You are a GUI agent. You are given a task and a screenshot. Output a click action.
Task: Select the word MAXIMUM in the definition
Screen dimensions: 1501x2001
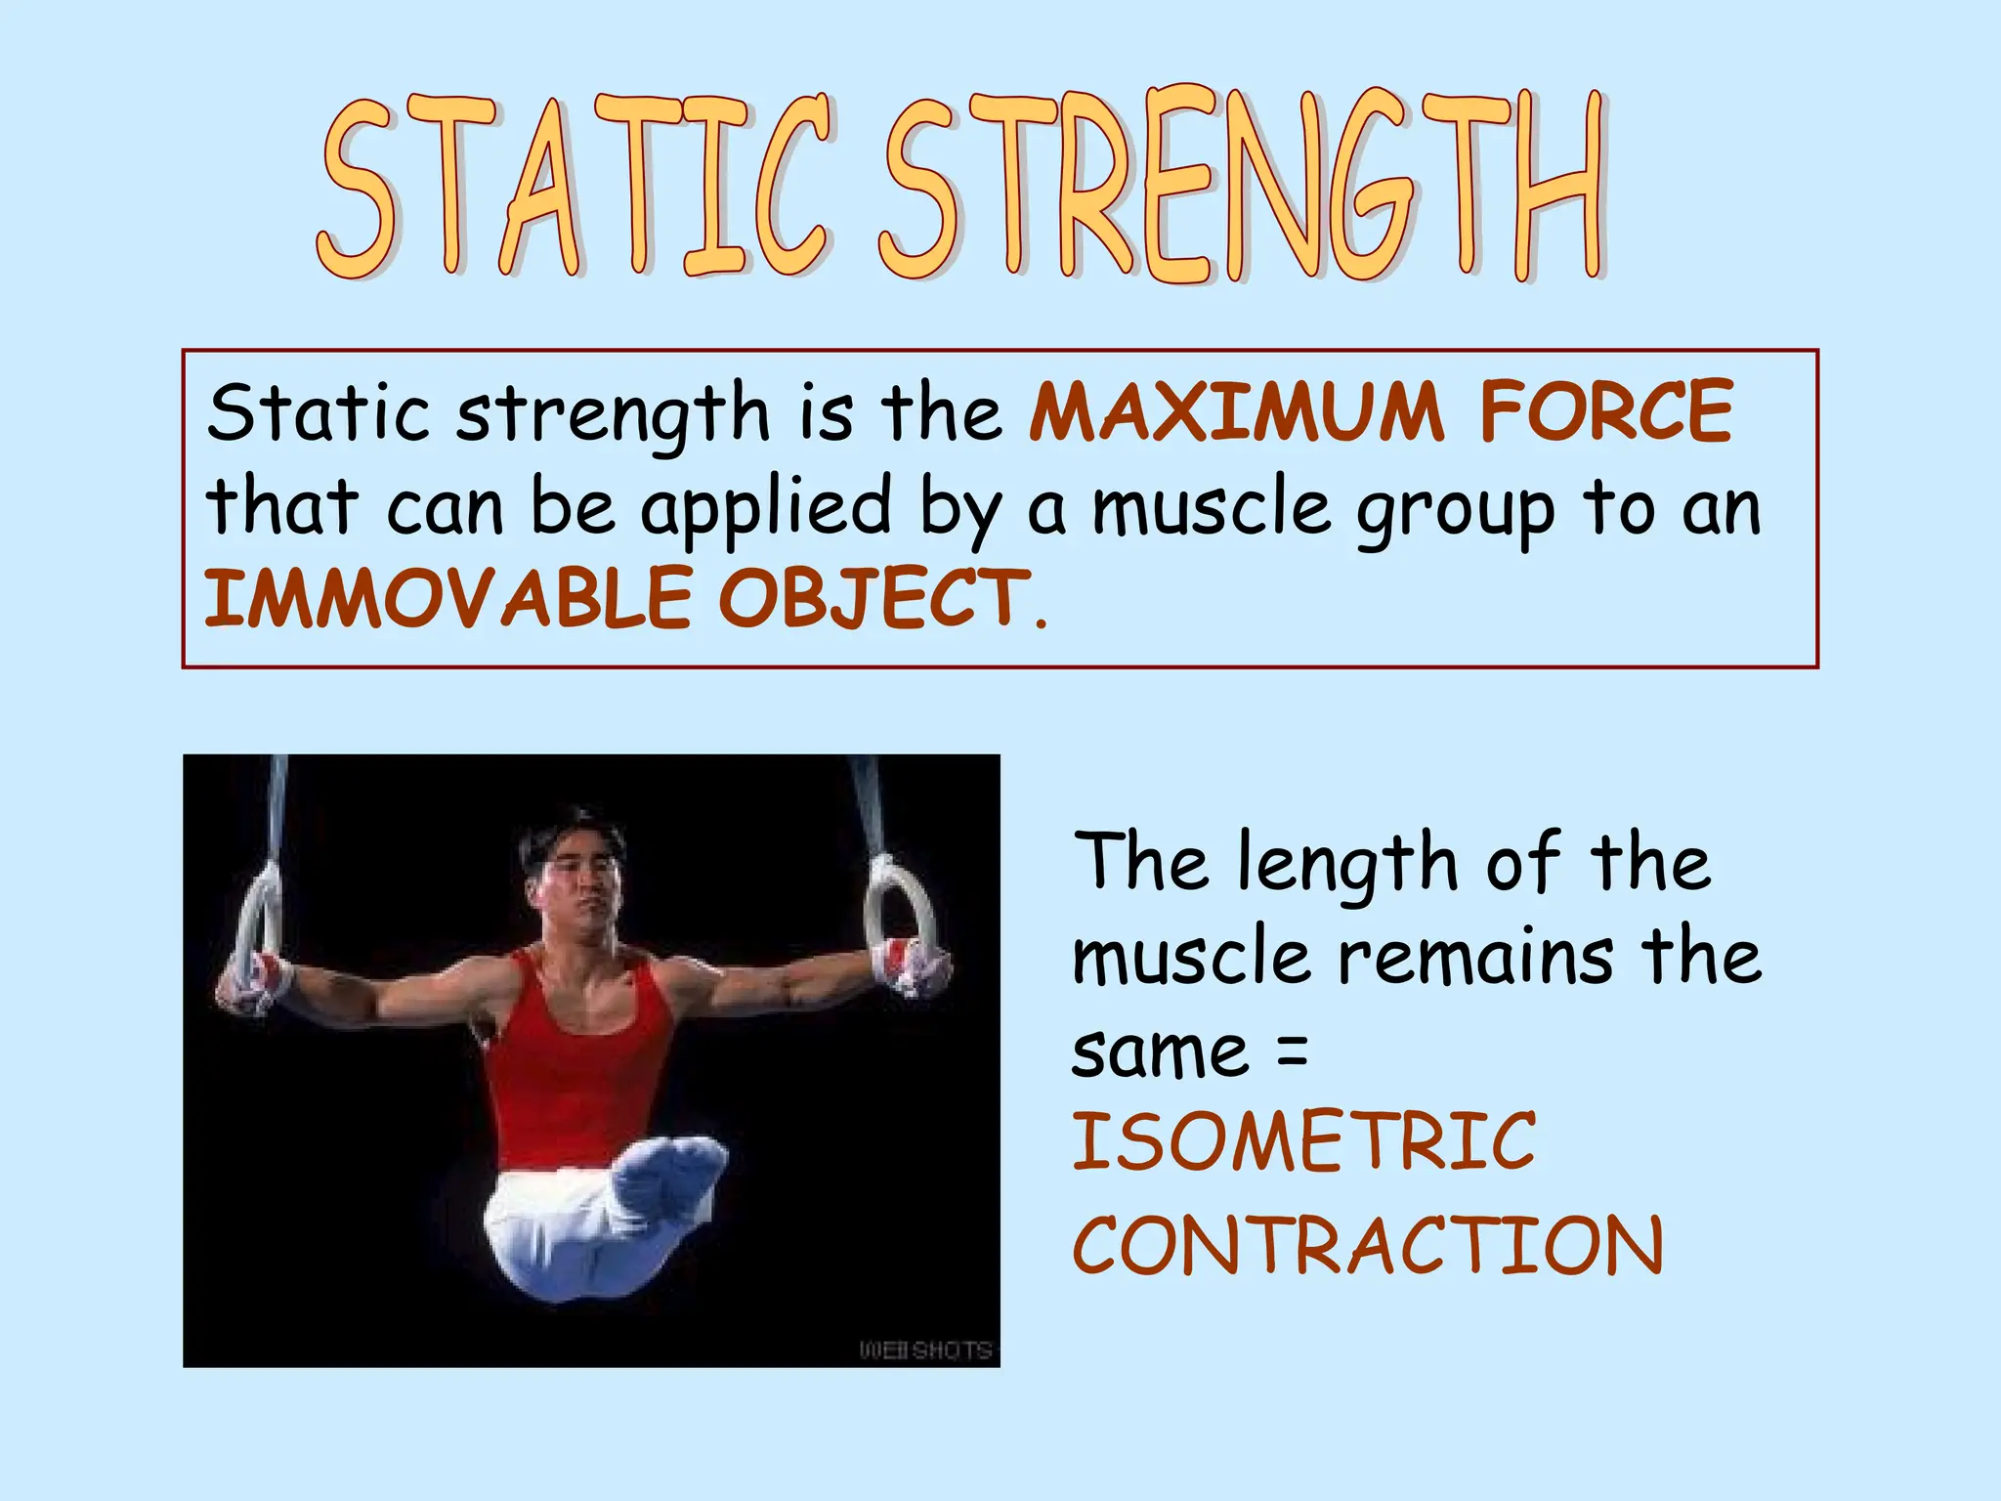click(1236, 412)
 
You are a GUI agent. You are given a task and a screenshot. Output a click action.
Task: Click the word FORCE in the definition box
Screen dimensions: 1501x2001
click(1606, 412)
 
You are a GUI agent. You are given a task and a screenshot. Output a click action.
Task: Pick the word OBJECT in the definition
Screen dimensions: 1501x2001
click(874, 598)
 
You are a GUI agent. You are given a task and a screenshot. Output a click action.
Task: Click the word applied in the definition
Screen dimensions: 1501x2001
click(766, 508)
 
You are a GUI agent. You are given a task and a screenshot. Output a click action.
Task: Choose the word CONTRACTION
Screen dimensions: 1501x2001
click(1368, 1245)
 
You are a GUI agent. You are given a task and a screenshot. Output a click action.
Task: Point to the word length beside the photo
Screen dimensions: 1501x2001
click(1348, 864)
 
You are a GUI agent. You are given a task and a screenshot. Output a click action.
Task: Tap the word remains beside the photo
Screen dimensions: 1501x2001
click(1475, 958)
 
